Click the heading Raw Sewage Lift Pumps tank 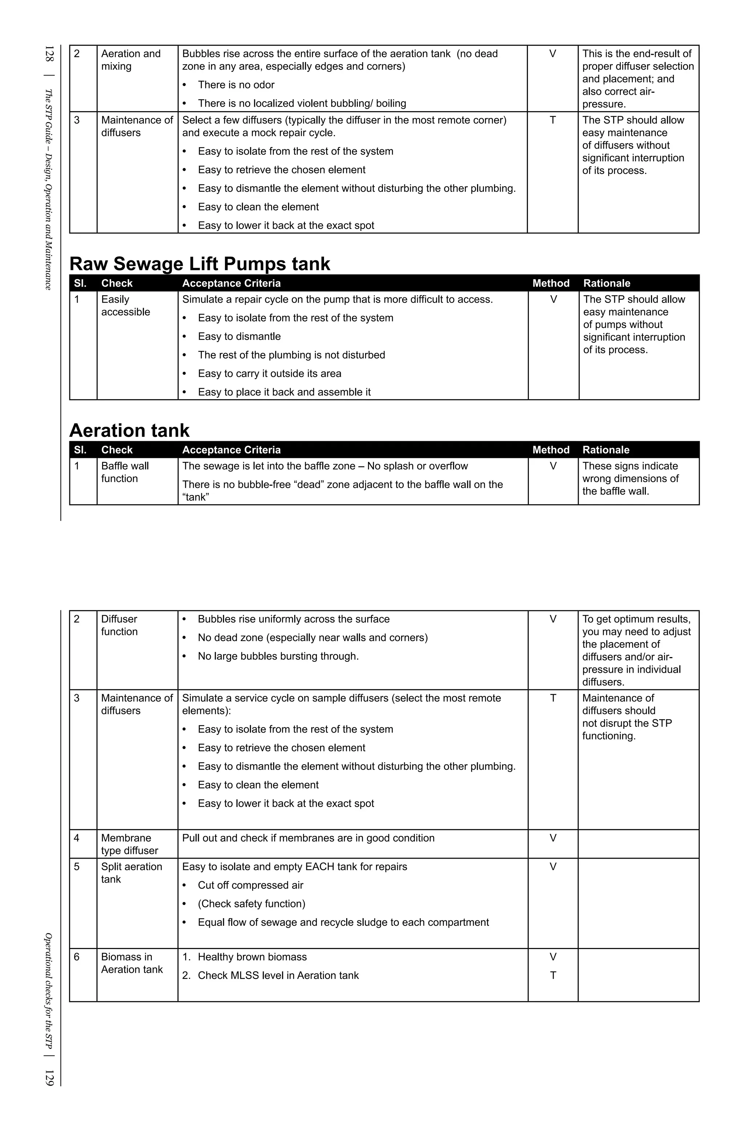point(200,264)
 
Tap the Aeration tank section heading point(129,430)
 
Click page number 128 point(49,54)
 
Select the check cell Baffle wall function point(125,473)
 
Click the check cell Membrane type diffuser point(129,844)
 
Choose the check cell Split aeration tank point(131,873)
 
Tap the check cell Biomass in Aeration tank point(132,963)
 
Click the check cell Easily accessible point(125,305)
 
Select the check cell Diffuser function point(119,625)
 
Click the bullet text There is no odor point(236,85)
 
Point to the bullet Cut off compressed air point(251,885)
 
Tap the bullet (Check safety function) point(251,904)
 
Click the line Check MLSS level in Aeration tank point(278,976)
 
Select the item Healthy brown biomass point(252,957)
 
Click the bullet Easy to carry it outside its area point(270,373)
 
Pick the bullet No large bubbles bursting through point(278,656)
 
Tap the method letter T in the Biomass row point(553,976)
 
